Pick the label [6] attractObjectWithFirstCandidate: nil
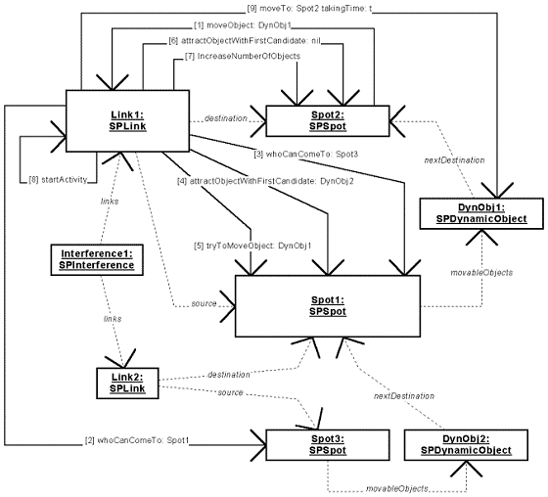coord(245,40)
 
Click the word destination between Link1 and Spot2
coord(225,118)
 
